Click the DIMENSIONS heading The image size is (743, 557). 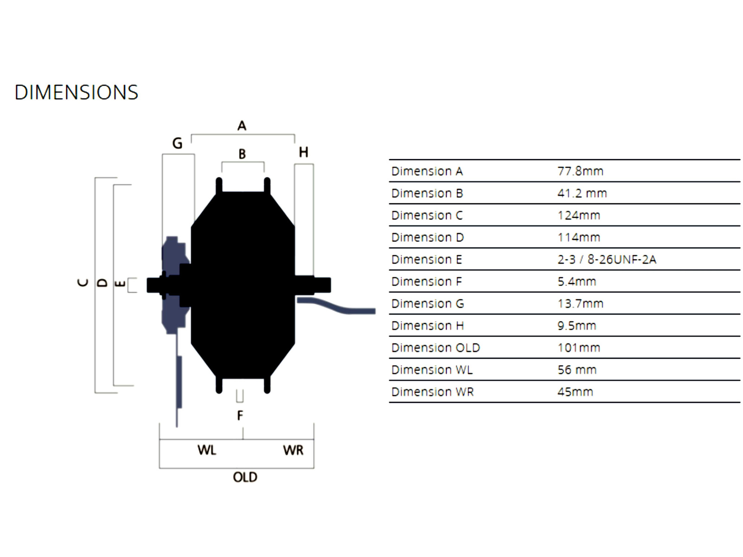[76, 92]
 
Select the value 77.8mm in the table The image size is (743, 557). [580, 171]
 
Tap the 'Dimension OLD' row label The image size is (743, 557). [435, 348]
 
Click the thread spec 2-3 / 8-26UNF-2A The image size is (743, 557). [606, 259]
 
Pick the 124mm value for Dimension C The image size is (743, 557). [579, 215]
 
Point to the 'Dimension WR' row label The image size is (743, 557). [432, 392]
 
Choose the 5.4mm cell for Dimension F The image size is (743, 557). [576, 281]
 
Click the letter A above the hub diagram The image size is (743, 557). [242, 126]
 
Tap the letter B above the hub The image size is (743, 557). [242, 154]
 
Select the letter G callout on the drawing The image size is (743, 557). [177, 143]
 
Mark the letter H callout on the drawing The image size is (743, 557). [303, 152]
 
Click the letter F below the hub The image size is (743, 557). [240, 415]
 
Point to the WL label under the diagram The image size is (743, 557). [207, 450]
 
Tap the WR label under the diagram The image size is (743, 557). [293, 450]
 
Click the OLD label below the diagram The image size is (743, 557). [245, 477]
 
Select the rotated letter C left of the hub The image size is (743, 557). [83, 283]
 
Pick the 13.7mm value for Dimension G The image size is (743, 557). [580, 304]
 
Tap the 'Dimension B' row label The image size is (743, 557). [427, 193]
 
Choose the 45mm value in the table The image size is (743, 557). [575, 392]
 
